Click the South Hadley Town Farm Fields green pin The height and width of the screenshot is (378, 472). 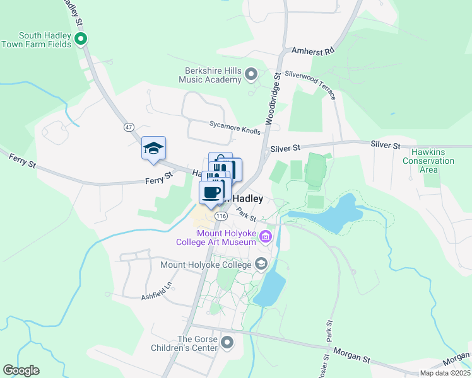coord(80,40)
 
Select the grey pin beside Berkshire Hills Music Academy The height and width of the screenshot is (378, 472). coord(251,75)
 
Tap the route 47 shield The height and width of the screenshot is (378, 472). coord(129,127)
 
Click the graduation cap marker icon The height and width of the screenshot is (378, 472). coord(153,149)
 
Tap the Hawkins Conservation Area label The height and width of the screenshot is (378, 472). coord(432,161)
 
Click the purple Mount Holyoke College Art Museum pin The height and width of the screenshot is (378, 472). coord(266,238)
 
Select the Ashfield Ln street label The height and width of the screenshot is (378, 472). coord(156,289)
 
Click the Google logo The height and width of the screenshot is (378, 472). coord(21,370)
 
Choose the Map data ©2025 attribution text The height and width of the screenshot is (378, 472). coord(444,373)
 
